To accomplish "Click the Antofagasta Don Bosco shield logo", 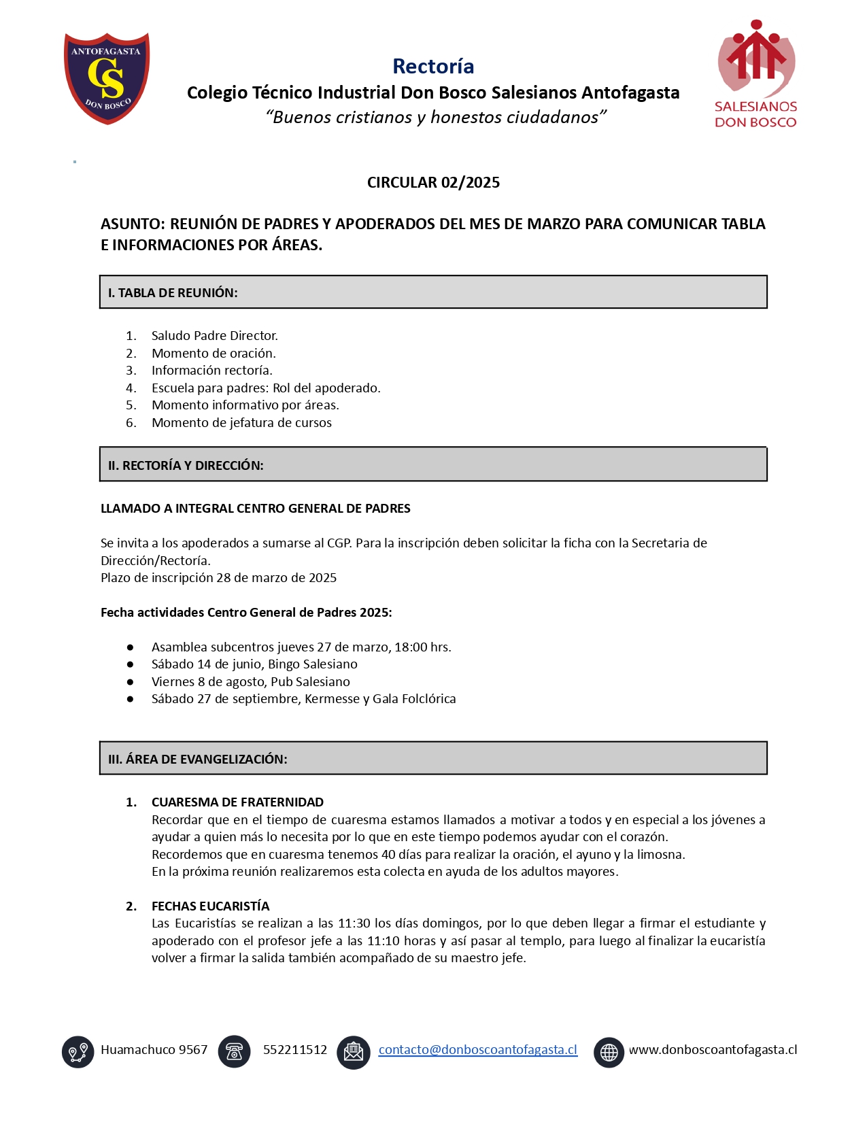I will tap(107, 78).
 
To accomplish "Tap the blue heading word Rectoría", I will tap(433, 66).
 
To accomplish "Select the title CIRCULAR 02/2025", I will tap(433, 182).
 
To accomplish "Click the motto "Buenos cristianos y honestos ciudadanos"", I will tap(436, 117).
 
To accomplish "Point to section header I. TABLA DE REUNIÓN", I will tap(173, 292).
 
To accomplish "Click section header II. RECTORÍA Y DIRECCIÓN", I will tap(186, 465).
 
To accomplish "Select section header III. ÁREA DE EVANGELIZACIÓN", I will tap(197, 759).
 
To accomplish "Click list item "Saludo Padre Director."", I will tap(214, 335).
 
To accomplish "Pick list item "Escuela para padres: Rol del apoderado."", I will tap(266, 388).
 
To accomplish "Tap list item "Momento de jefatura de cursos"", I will tap(241, 422).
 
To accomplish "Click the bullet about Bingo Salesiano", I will tap(254, 664).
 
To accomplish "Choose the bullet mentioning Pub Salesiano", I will tap(250, 681).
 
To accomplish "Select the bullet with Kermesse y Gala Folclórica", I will tap(303, 698).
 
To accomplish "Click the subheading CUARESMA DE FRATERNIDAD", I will tap(237, 802).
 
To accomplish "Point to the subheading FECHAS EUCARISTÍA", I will tap(210, 906).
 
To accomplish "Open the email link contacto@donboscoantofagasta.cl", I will tap(477, 1049).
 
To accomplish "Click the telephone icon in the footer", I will tap(234, 1051).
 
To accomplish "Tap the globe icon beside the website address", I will tap(609, 1052).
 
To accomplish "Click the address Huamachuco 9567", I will tap(154, 1049).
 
